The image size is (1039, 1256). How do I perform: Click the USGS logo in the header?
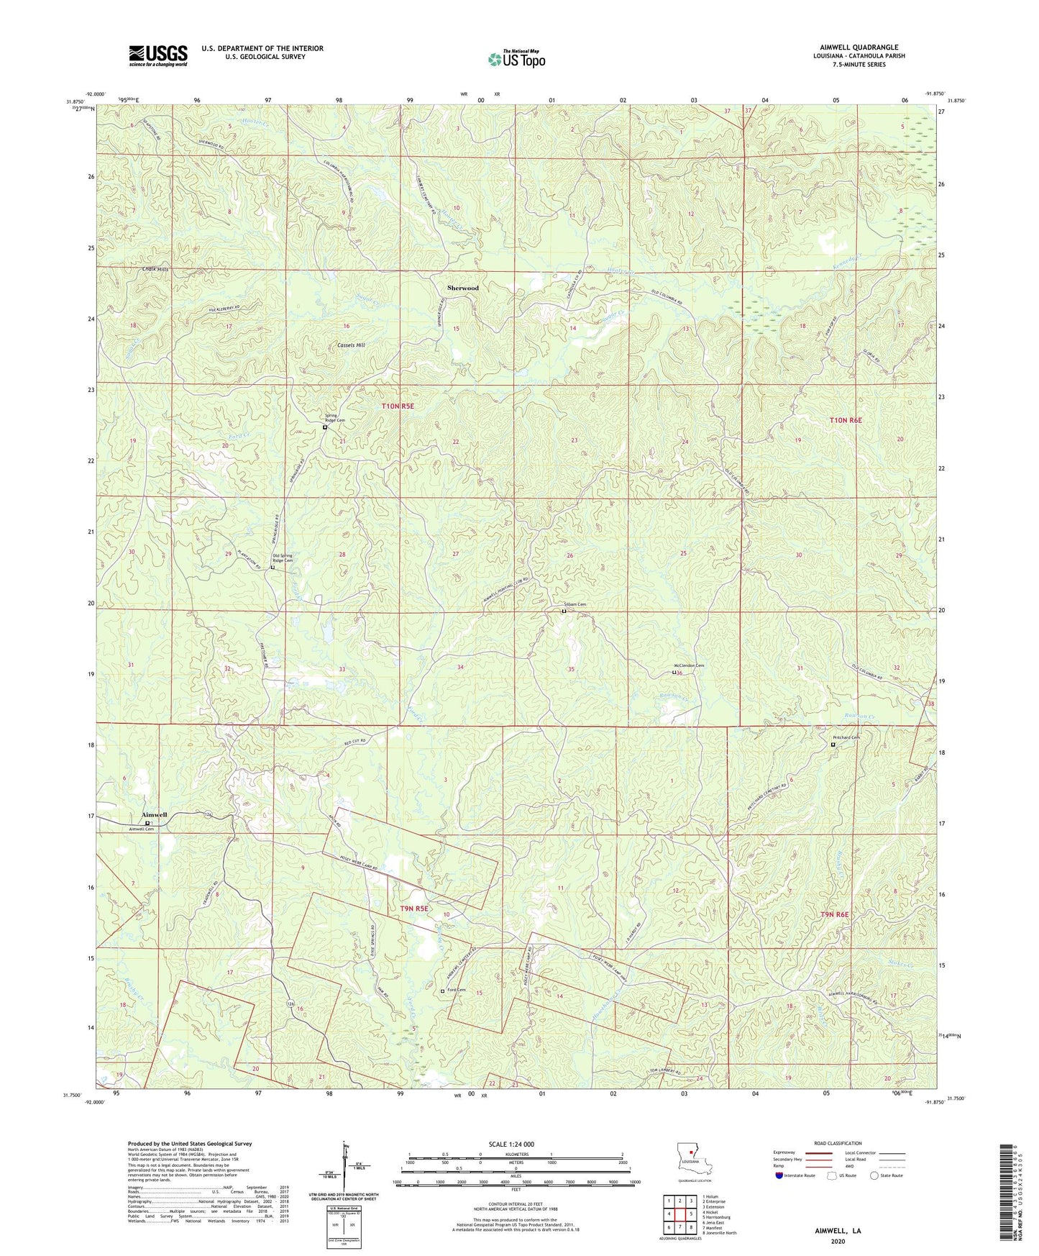tap(158, 55)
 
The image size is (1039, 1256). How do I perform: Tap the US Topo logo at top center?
tap(516, 59)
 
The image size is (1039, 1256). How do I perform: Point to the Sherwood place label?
tap(462, 288)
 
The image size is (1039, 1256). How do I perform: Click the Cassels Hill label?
tap(351, 345)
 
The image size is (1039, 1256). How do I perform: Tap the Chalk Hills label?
tap(155, 269)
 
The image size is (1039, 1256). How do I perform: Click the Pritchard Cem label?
tap(846, 737)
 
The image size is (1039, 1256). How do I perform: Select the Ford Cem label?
tap(457, 990)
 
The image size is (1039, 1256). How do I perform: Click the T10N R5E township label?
tap(398, 406)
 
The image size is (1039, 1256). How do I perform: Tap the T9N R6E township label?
tap(834, 914)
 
